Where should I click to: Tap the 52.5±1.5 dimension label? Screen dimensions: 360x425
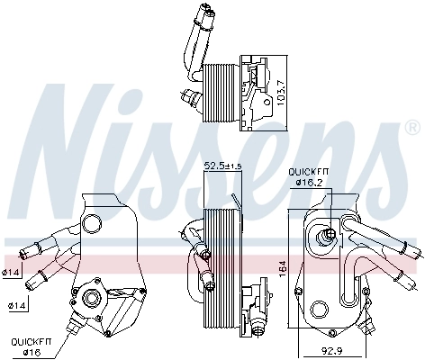point(221,166)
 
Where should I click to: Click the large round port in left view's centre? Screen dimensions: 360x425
point(88,299)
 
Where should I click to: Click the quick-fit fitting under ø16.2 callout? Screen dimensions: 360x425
point(329,237)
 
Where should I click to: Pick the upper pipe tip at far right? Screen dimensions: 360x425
point(413,248)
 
